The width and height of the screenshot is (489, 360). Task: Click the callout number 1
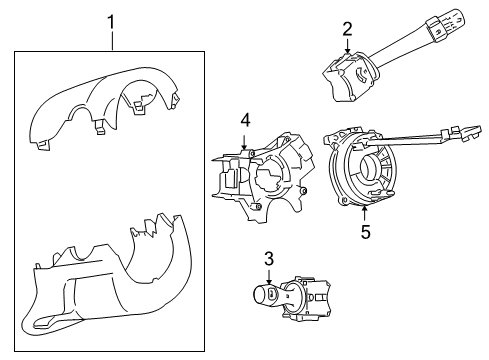[112, 20]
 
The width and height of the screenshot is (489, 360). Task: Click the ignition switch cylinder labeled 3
[290, 296]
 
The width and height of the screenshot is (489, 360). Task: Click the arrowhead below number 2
[347, 52]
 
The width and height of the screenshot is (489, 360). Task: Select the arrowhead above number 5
[365, 210]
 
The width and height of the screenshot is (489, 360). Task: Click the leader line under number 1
[112, 41]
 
